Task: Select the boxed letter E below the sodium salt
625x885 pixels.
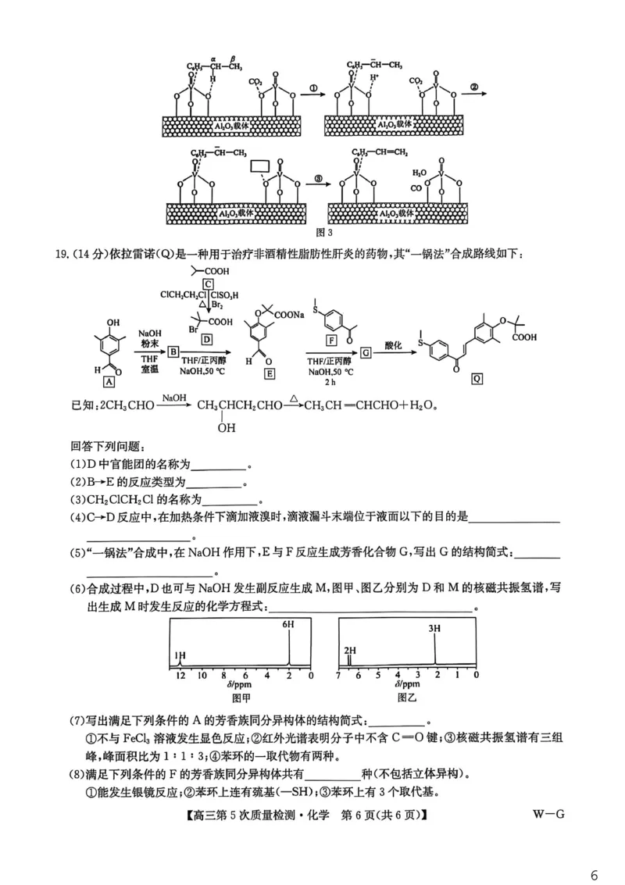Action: [x=270, y=373]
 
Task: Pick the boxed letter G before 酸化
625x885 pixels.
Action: [x=365, y=353]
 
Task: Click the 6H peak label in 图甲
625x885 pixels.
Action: [x=288, y=625]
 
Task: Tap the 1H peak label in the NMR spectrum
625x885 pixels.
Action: [x=180, y=655]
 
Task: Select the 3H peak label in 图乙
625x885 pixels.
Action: [x=435, y=628]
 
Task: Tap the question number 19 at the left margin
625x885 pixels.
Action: [x=60, y=252]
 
